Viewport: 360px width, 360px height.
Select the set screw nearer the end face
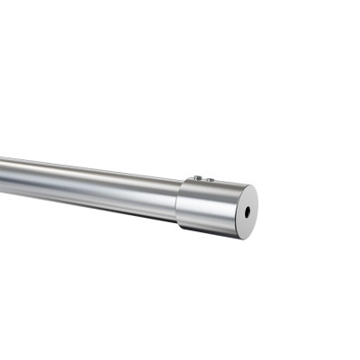209,180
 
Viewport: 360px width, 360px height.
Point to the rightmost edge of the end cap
256,209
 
